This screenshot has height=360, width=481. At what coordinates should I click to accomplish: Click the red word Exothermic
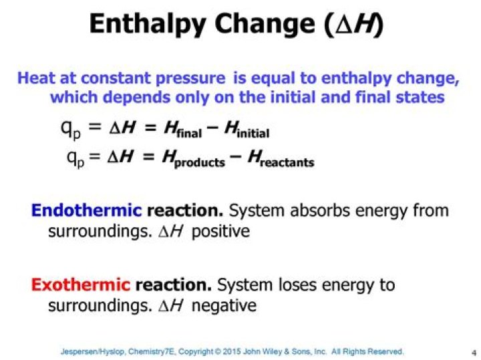tap(80, 286)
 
